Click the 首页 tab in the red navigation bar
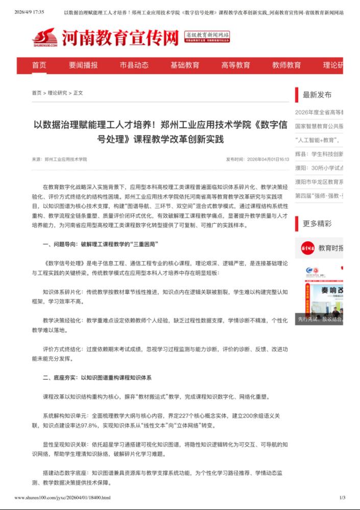(39, 65)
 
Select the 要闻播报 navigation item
(83, 65)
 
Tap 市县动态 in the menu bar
(134, 65)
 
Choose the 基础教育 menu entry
(185, 65)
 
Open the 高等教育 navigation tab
(236, 65)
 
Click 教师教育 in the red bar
(286, 65)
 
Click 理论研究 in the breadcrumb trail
(57, 93)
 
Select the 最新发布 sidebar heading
(317, 95)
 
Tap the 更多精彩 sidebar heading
(317, 223)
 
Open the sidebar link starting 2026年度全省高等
(319, 112)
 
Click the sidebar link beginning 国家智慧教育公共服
(319, 126)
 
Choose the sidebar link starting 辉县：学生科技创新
(319, 154)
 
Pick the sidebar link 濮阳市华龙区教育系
(319, 181)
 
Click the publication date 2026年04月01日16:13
(268, 159)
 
